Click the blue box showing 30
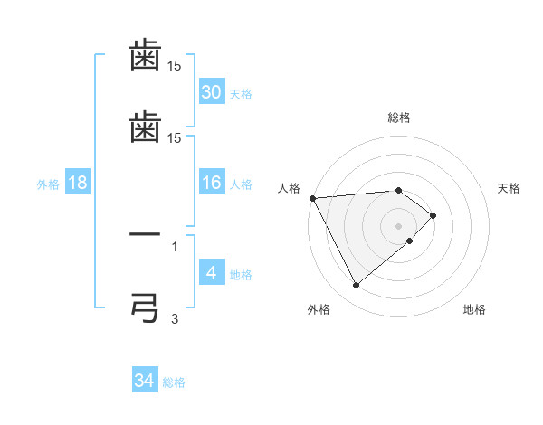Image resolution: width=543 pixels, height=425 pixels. [212, 92]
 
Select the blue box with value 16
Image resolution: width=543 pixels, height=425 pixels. [212, 183]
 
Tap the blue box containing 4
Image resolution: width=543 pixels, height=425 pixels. [212, 272]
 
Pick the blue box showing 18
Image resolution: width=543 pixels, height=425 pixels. [78, 183]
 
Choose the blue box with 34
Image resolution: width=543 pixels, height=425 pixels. [145, 381]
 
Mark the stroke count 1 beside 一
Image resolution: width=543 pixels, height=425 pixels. [175, 245]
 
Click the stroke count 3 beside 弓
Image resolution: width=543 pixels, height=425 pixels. [175, 318]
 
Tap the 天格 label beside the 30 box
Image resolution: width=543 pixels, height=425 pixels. [241, 94]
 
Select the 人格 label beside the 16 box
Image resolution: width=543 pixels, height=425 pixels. [241, 184]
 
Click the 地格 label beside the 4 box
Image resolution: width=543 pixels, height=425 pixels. [241, 274]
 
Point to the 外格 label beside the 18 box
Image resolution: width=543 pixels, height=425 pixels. [48, 184]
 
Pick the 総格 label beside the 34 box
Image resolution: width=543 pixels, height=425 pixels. [174, 382]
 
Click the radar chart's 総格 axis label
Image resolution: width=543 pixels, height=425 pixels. [398, 118]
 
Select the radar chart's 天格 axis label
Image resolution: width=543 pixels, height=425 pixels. [510, 188]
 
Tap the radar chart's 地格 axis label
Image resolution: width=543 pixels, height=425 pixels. [474, 309]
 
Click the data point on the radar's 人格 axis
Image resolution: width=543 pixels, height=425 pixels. [312, 198]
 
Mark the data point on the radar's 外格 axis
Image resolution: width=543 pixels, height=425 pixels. [356, 286]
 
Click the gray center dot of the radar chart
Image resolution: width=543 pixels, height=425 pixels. [398, 226]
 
